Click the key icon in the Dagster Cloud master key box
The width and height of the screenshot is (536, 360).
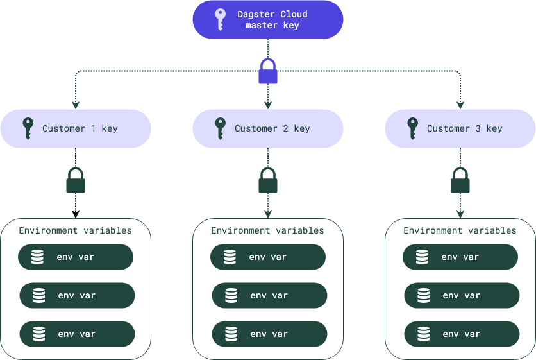click(220, 19)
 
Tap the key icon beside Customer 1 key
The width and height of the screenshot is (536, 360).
click(28, 128)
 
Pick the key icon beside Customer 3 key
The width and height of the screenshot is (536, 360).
click(412, 128)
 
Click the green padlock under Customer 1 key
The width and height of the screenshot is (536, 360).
click(76, 181)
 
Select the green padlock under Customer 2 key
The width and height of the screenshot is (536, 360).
click(268, 181)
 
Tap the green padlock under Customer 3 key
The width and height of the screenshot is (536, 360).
click(460, 181)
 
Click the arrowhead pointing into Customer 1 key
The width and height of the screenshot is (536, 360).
click(76, 105)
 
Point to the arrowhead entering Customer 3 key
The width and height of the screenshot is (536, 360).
click(460, 105)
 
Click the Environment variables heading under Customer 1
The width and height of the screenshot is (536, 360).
click(75, 230)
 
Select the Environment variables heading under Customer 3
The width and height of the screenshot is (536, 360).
click(460, 230)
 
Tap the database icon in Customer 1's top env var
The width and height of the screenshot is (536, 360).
click(38, 257)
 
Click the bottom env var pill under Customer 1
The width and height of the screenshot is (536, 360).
click(77, 334)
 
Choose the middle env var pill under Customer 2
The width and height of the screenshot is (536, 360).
click(269, 295)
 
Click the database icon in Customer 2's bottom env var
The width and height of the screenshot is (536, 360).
click(231, 334)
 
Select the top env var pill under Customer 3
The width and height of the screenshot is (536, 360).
click(460, 257)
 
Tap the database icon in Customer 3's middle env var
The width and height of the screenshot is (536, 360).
click(424, 295)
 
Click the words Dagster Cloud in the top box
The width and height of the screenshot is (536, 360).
click(272, 14)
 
